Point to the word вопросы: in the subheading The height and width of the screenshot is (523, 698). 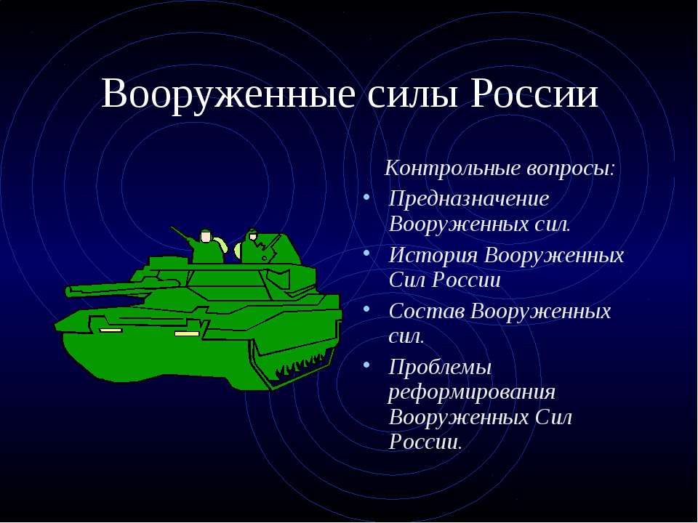570,169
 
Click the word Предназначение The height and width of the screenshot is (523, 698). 468,198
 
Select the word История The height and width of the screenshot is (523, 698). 433,255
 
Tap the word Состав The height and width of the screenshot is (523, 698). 427,311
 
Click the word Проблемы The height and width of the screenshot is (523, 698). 440,368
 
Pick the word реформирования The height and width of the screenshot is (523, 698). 472,392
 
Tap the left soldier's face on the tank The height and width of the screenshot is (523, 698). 206,238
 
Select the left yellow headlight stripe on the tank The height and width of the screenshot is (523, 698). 111,330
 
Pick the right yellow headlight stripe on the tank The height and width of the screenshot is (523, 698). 187,333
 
